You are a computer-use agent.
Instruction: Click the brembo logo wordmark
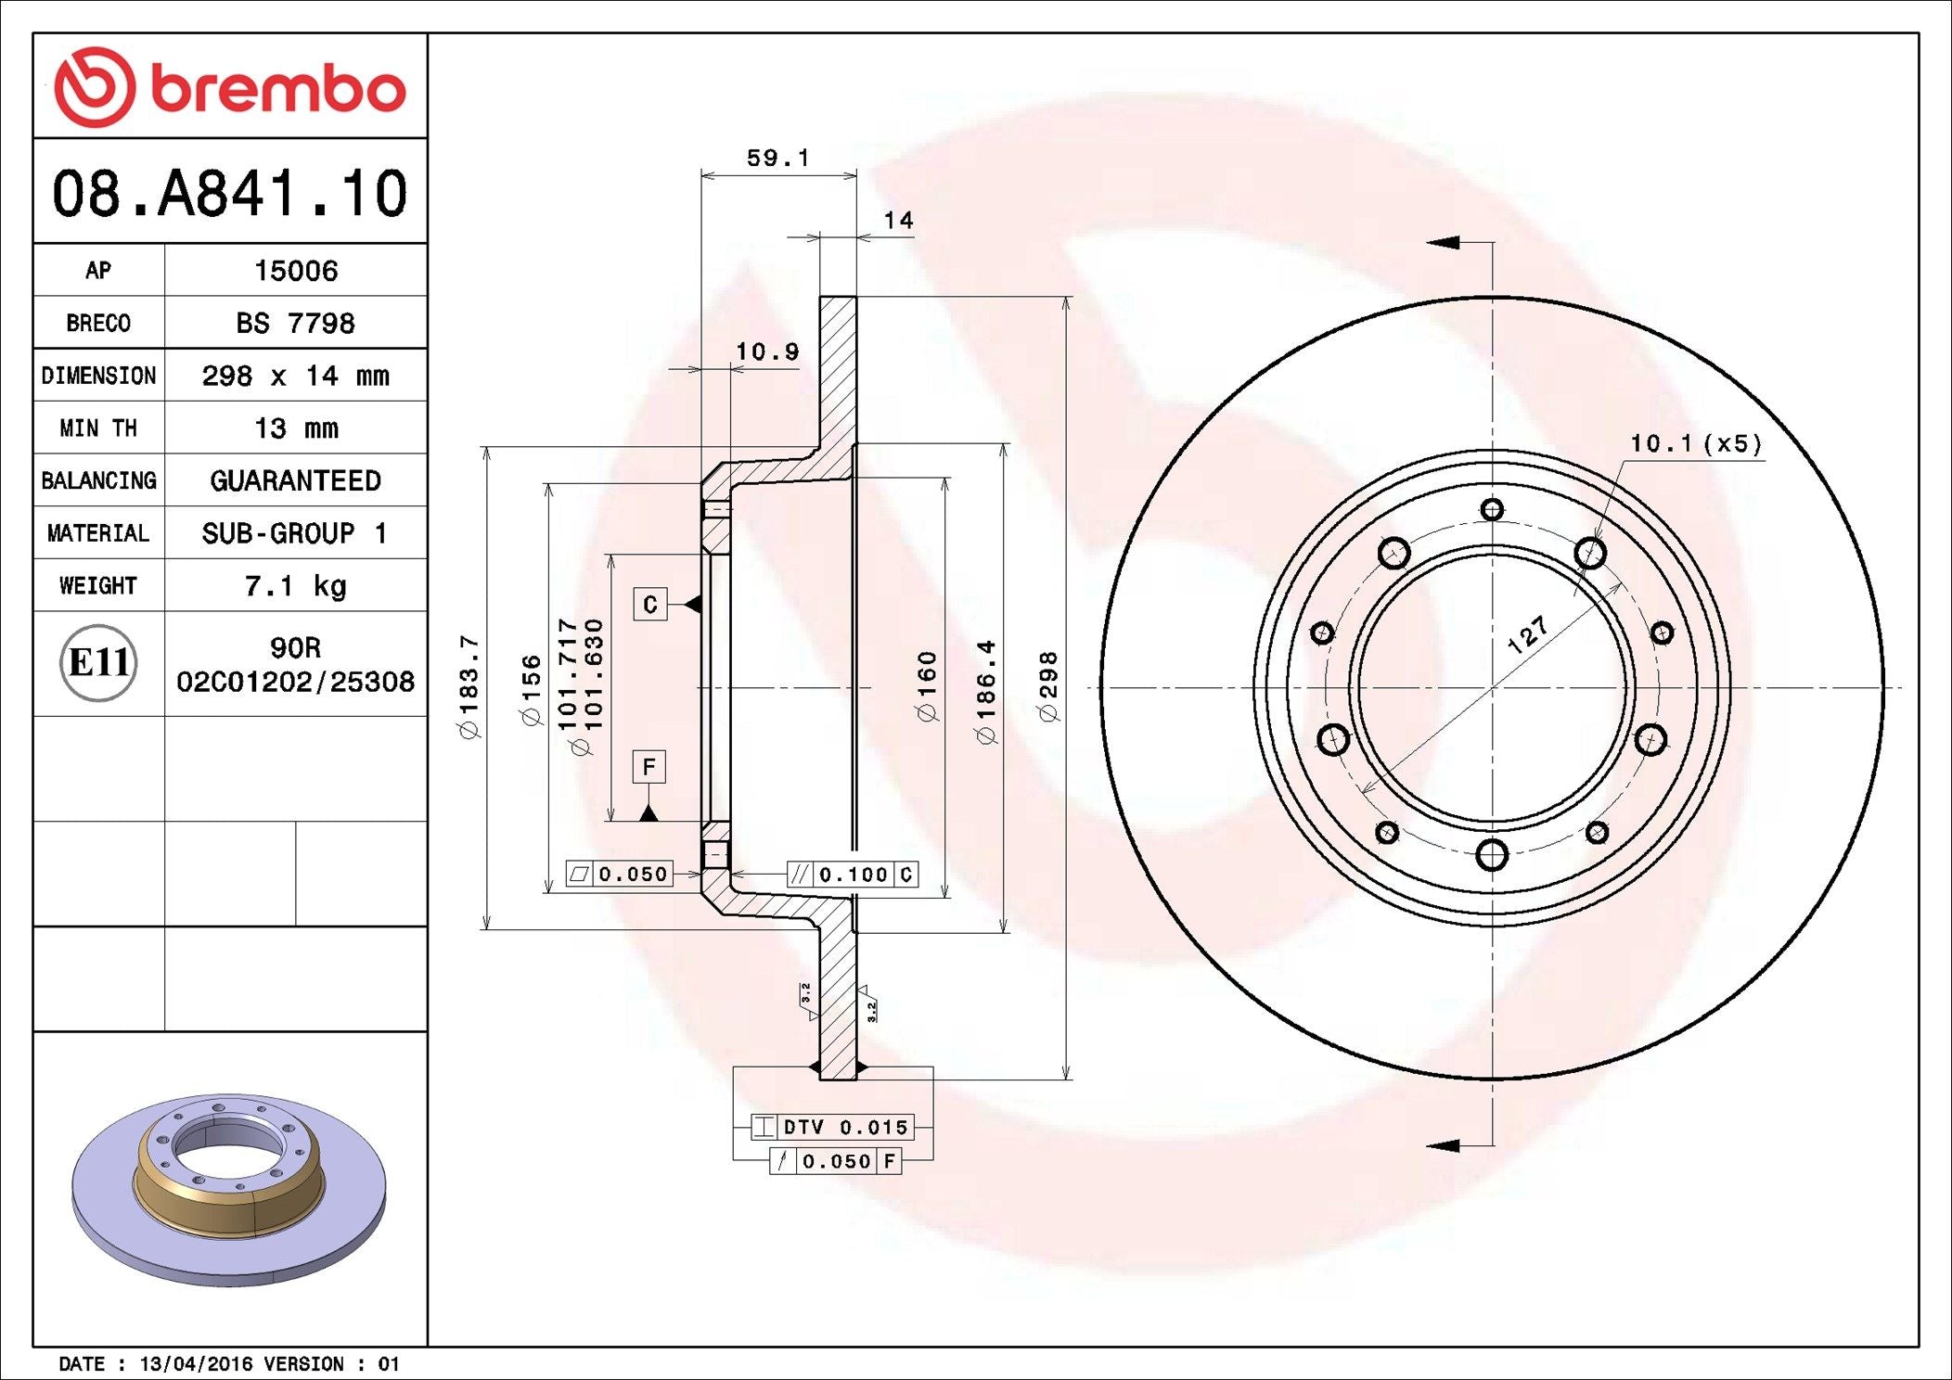tap(277, 90)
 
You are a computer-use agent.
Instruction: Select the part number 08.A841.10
tap(230, 193)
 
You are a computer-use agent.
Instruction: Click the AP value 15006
tap(296, 271)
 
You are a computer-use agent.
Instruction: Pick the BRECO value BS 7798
tap(295, 323)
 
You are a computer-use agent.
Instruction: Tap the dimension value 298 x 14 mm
tap(295, 376)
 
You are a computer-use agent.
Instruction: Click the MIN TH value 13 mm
tap(296, 428)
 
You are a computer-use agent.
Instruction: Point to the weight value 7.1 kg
tap(295, 586)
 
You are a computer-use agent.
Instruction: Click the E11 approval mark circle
tap(98, 663)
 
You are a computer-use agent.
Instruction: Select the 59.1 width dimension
tap(777, 158)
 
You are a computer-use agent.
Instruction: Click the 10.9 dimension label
tap(767, 351)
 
